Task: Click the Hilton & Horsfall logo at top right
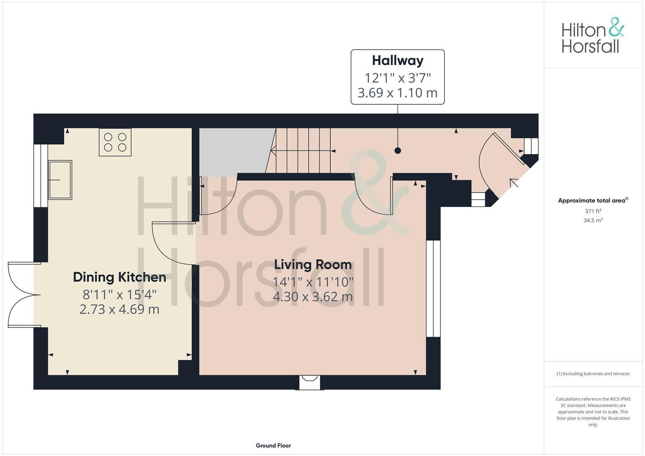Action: (x=592, y=35)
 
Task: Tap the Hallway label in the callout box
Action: (x=397, y=61)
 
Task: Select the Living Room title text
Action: (x=313, y=265)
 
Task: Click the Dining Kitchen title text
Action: (x=120, y=277)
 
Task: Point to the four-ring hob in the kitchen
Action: (x=115, y=142)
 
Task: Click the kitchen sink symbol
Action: (x=60, y=179)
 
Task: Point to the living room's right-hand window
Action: (x=433, y=288)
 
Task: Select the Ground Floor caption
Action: (x=273, y=445)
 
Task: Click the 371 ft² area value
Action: (x=593, y=211)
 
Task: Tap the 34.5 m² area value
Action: (x=593, y=220)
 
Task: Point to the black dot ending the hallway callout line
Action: (x=397, y=150)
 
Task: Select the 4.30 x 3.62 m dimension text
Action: (x=313, y=297)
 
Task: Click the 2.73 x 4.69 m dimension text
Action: (x=120, y=309)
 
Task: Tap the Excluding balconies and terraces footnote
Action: (x=593, y=374)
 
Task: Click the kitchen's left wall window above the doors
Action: (x=41, y=176)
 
